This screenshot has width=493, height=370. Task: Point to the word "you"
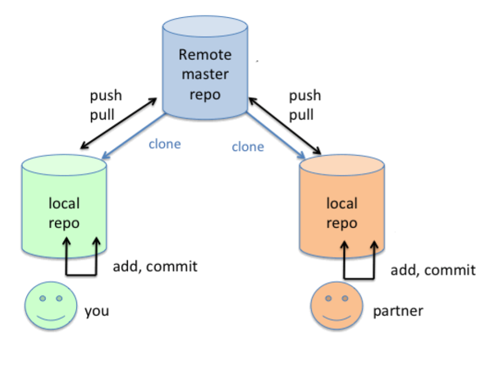click(97, 311)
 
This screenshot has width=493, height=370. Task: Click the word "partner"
click(398, 311)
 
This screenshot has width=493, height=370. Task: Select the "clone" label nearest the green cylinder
click(164, 144)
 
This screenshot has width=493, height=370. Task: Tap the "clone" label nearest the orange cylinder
click(248, 147)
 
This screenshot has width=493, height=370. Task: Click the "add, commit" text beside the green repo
click(155, 267)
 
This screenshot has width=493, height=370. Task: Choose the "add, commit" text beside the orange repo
click(433, 270)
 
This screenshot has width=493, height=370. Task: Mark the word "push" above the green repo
click(106, 96)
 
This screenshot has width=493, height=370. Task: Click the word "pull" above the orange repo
click(301, 115)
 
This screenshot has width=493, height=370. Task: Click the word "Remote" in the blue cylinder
click(205, 54)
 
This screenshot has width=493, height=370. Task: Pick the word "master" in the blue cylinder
click(205, 75)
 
